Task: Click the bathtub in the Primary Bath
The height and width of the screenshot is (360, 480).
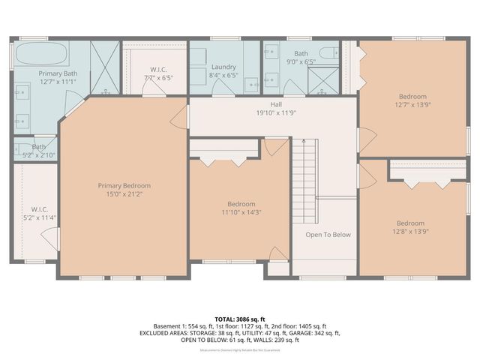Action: pyautogui.click(x=41, y=55)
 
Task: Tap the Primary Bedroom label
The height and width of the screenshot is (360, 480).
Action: pyautogui.click(x=124, y=186)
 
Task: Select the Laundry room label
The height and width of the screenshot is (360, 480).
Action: pyautogui.click(x=223, y=67)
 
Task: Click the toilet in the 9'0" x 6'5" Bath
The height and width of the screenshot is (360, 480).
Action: pyautogui.click(x=328, y=52)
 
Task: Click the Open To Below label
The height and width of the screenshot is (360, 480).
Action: pyautogui.click(x=328, y=235)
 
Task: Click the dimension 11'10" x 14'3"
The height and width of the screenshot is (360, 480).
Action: pyautogui.click(x=241, y=212)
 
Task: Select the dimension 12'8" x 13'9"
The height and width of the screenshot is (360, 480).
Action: pyautogui.click(x=410, y=232)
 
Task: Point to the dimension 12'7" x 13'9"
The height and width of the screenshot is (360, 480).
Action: pyautogui.click(x=412, y=106)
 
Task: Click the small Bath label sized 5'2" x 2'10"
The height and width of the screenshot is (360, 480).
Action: pyautogui.click(x=39, y=147)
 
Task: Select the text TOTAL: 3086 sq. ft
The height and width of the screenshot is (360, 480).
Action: pyautogui.click(x=241, y=319)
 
